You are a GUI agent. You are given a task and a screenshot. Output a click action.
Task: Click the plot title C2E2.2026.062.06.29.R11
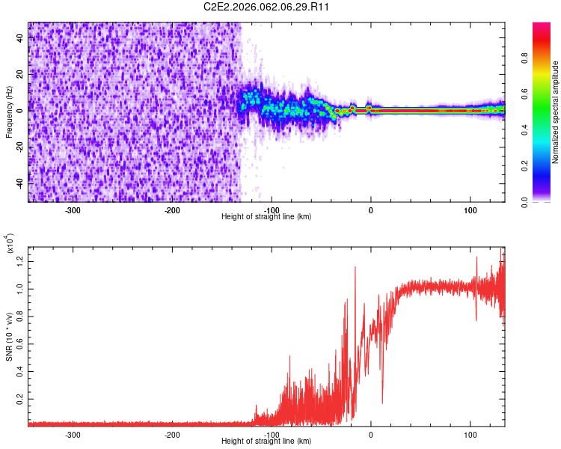(266, 7)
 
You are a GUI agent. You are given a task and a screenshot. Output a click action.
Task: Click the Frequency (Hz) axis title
(9, 112)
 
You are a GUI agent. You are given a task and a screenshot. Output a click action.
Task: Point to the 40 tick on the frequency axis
(20, 37)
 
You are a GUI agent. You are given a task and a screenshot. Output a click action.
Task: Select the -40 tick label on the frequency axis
(20, 184)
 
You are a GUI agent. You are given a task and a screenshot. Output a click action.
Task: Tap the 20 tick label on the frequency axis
(20, 74)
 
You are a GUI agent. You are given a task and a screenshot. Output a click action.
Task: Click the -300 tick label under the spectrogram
(73, 210)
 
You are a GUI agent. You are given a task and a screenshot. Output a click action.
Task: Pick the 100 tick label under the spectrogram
(470, 210)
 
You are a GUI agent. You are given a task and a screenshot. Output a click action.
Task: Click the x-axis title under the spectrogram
(266, 216)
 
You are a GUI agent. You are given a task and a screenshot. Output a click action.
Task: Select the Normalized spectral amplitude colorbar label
(555, 112)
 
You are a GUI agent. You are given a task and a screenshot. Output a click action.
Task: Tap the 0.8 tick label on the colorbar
(524, 58)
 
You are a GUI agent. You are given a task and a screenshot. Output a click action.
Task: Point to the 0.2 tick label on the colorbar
(524, 166)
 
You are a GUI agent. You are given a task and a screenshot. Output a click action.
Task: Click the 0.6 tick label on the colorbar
(524, 94)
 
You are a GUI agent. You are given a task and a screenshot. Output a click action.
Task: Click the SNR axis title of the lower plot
(9, 337)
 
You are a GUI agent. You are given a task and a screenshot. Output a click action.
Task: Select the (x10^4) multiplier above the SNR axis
(9, 243)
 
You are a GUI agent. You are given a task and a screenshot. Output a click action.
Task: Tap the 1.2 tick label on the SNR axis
(20, 262)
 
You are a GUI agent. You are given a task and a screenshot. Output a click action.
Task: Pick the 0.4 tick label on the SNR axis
(20, 372)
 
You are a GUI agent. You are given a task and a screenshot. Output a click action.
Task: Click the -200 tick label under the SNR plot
(172, 435)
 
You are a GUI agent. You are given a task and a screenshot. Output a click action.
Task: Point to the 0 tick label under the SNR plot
(371, 435)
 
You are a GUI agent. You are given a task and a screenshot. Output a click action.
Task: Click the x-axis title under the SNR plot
(266, 441)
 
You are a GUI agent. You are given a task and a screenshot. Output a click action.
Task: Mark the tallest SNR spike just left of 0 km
(355, 267)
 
